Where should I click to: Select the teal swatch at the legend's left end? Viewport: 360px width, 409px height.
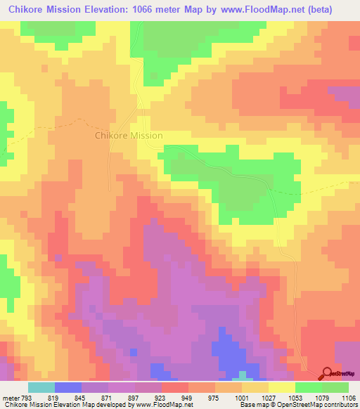41,387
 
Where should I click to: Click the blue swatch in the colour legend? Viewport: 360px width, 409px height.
68,387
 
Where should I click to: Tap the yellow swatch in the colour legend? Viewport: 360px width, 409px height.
282,387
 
